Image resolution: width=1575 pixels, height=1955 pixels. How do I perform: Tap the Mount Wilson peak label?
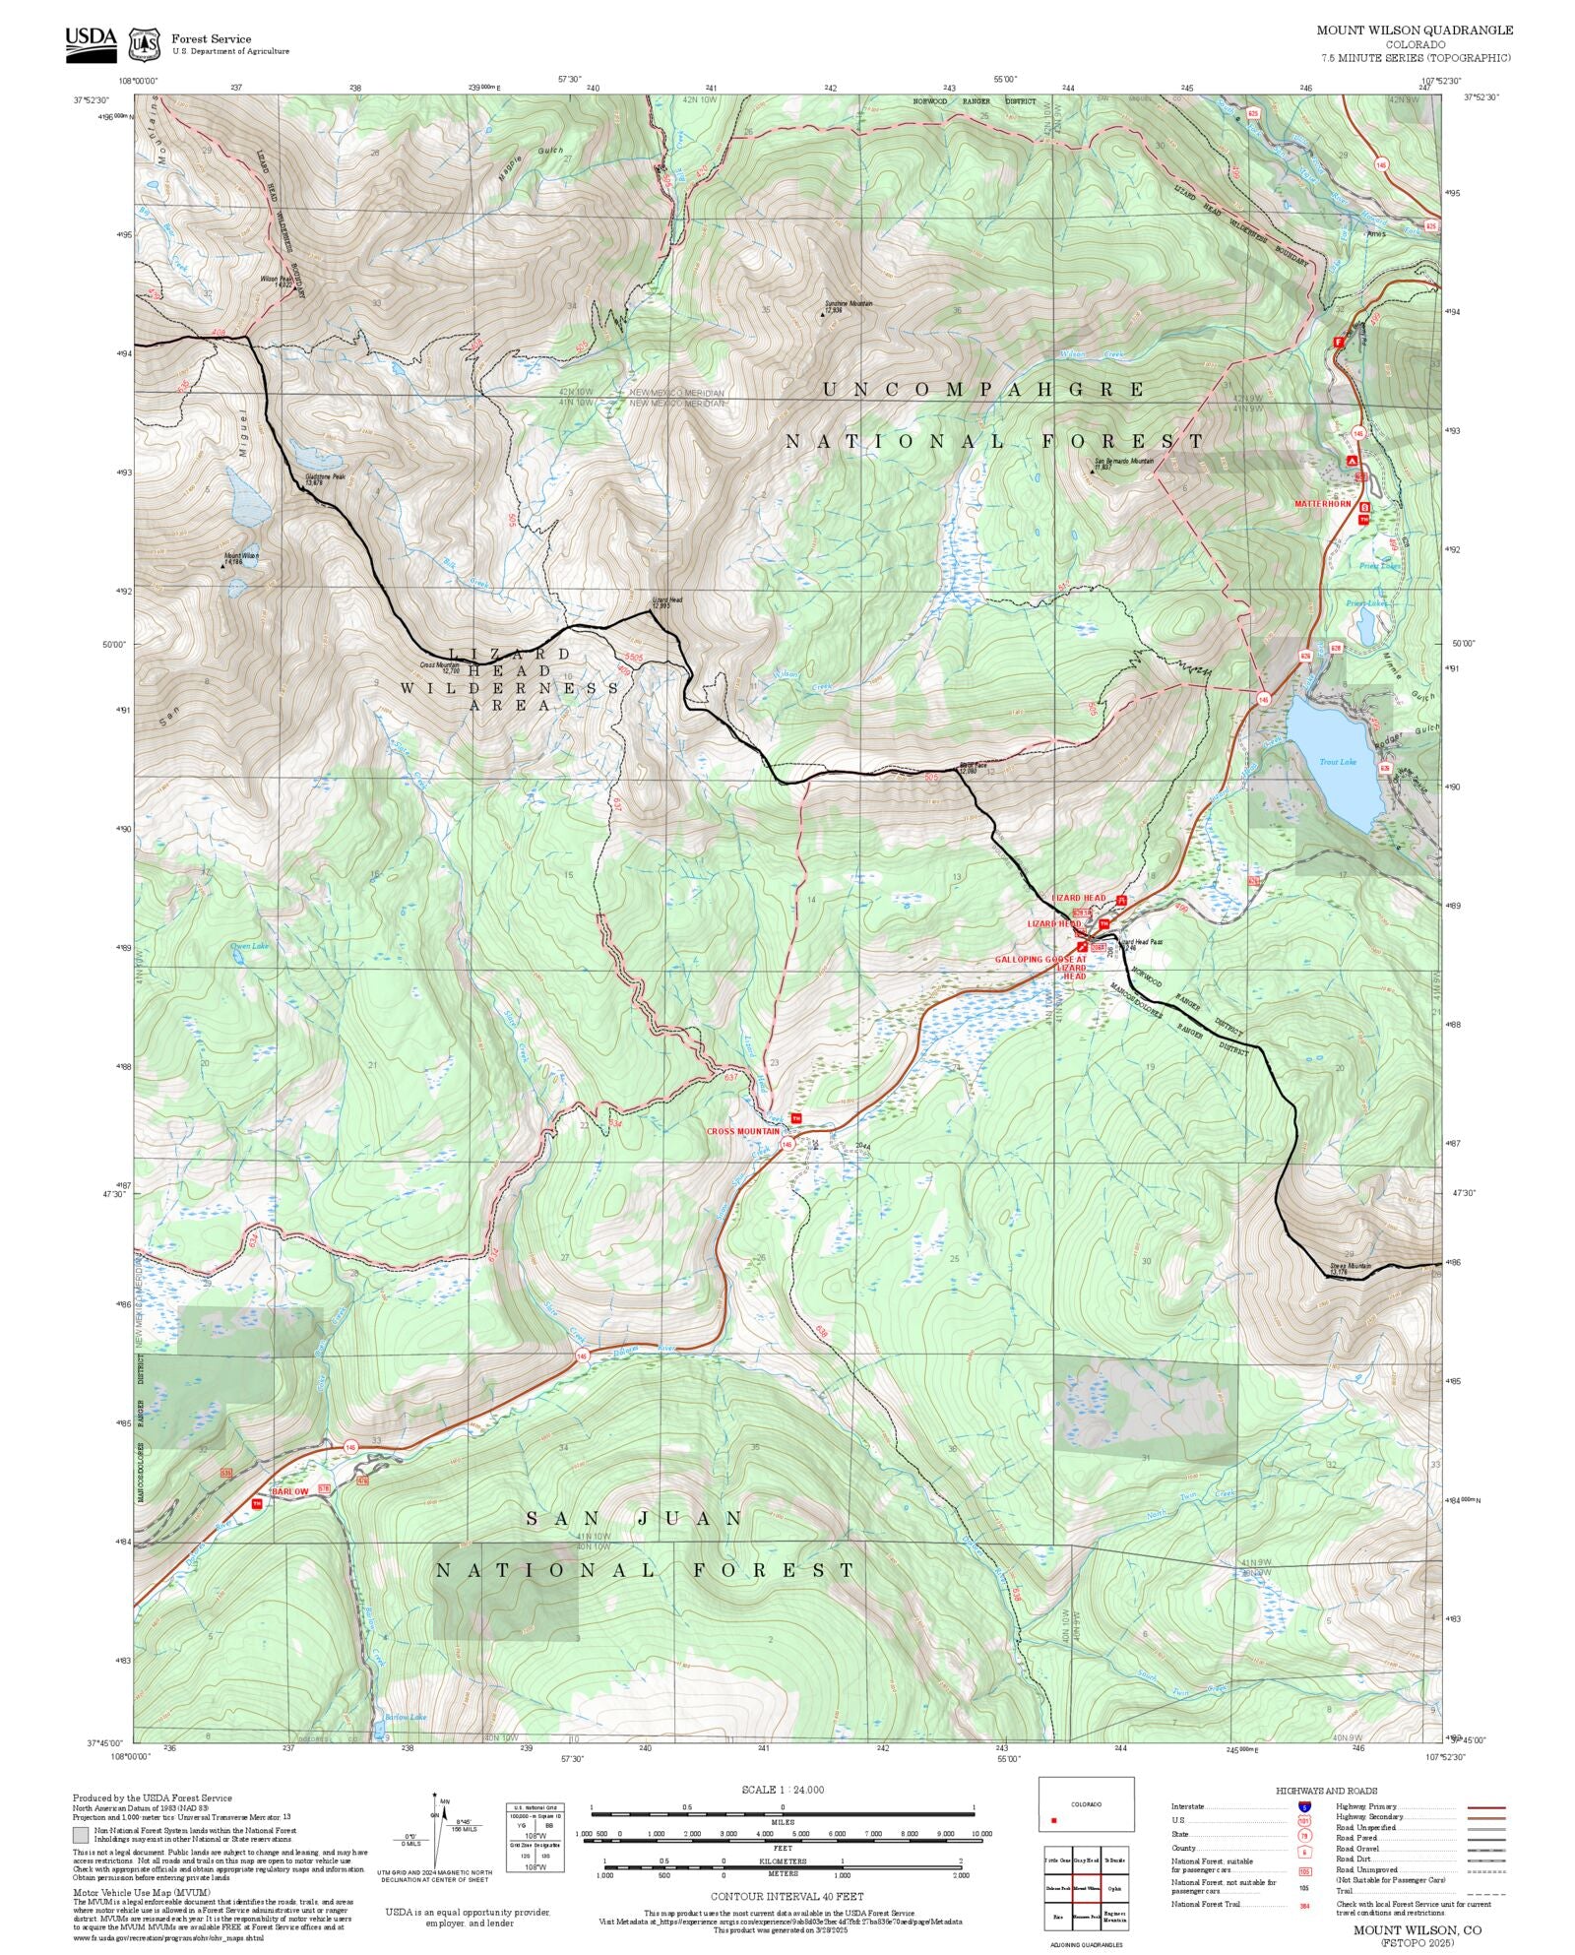pos(240,558)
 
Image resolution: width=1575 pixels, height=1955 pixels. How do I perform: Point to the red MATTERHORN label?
pos(1322,503)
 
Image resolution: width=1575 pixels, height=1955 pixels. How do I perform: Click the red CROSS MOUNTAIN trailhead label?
pos(742,1131)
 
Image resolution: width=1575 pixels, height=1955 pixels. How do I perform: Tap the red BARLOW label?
pos(289,1492)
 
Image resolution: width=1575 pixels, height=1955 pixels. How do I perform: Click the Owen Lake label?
pos(249,946)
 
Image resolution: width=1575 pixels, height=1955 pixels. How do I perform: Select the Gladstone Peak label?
pos(325,479)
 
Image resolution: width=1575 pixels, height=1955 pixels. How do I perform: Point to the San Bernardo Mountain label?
pos(1123,462)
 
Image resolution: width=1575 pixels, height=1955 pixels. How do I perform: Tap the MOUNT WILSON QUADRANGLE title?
pos(1415,31)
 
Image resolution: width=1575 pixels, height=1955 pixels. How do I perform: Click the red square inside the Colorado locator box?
pos(1053,1821)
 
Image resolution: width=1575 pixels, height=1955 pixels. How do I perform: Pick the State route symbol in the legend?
pos(1304,1835)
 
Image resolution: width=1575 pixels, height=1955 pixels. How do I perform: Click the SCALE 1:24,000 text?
pos(783,1790)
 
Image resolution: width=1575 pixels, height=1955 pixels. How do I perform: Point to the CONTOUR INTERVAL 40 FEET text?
pos(787,1896)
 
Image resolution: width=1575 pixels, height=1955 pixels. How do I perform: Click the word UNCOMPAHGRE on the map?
pos(983,390)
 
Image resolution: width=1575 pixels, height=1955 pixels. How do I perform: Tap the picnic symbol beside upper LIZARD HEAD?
pos(1120,899)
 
